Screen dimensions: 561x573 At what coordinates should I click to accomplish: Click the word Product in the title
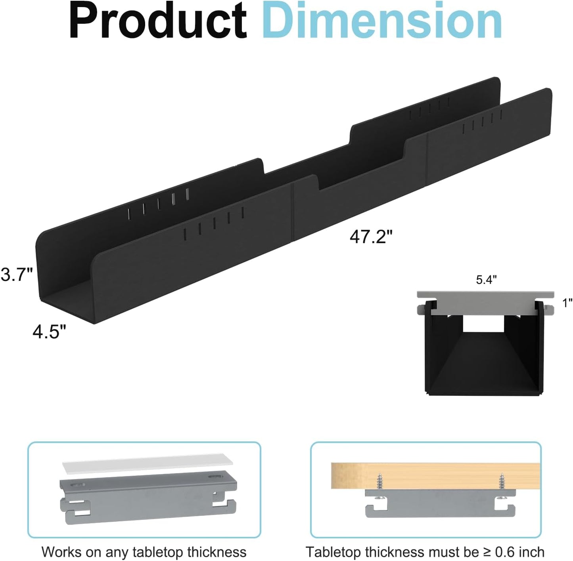pyautogui.click(x=158, y=21)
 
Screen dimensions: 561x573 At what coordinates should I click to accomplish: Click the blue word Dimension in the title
pyautogui.click(x=382, y=21)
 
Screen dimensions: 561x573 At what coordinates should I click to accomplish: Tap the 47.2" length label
pyautogui.click(x=371, y=237)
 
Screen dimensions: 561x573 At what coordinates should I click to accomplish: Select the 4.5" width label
pyautogui.click(x=49, y=332)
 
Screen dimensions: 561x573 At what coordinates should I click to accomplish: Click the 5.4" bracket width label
pyautogui.click(x=486, y=280)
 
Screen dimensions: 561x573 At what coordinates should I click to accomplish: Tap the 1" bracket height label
pyautogui.click(x=567, y=303)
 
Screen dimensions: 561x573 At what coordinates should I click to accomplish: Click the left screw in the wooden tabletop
pyautogui.click(x=380, y=482)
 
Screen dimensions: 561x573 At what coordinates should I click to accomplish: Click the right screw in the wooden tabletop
pyautogui.click(x=502, y=482)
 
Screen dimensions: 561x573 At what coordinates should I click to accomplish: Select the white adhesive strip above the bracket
pyautogui.click(x=148, y=463)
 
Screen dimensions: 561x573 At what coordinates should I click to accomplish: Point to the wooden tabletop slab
pyautogui.click(x=435, y=475)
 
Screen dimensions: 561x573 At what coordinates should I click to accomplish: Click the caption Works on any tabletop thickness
pyautogui.click(x=144, y=552)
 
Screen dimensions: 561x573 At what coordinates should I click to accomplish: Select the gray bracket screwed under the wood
pyautogui.click(x=440, y=503)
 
